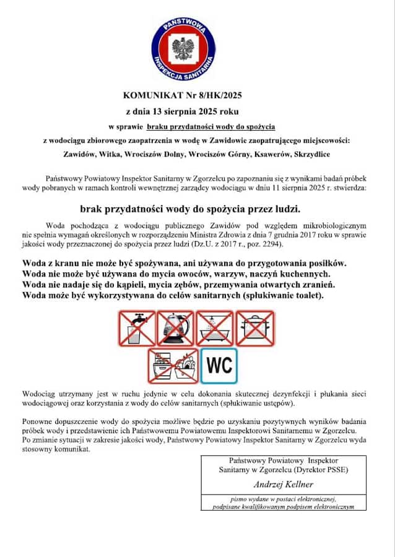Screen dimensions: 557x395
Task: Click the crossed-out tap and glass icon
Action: (137, 328)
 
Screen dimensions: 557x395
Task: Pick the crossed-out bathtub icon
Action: (215, 328)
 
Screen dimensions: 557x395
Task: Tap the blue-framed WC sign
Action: (219, 366)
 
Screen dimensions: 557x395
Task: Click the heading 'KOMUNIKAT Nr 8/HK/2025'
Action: (181, 96)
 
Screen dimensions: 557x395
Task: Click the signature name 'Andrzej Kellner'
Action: (283, 483)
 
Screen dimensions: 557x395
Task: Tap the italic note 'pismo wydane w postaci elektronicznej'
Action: (283, 498)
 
